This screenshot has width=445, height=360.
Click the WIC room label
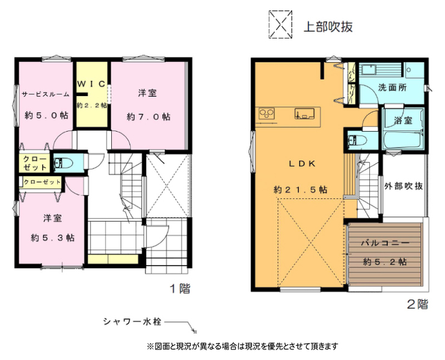pyautogui.click(x=91, y=84)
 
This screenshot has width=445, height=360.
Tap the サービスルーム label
pyautogui.click(x=46, y=94)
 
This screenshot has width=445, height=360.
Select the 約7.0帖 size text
pyautogui.click(x=149, y=117)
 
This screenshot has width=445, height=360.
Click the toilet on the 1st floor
pyautogui.click(x=63, y=163)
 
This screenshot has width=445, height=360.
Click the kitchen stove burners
pyautogui.click(x=266, y=114)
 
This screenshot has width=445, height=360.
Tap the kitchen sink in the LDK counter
pyautogui.click(x=304, y=114)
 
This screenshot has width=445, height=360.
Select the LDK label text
pyautogui.click(x=302, y=164)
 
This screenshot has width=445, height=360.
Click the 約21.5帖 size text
pyautogui.click(x=300, y=189)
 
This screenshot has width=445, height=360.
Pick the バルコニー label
pyautogui.click(x=385, y=243)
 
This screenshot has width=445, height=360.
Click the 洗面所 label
pyautogui.click(x=392, y=88)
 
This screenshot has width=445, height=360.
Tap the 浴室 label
pyautogui.click(x=403, y=121)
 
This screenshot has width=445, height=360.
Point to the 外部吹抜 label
pyautogui.click(x=404, y=186)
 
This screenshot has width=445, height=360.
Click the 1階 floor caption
pyautogui.click(x=180, y=289)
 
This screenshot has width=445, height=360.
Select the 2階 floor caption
pyautogui.click(x=417, y=304)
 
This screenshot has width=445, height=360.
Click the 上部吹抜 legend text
pyautogui.click(x=328, y=26)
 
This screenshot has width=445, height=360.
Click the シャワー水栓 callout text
pyautogui.click(x=132, y=322)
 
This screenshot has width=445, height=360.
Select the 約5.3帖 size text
pyautogui.click(x=52, y=238)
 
